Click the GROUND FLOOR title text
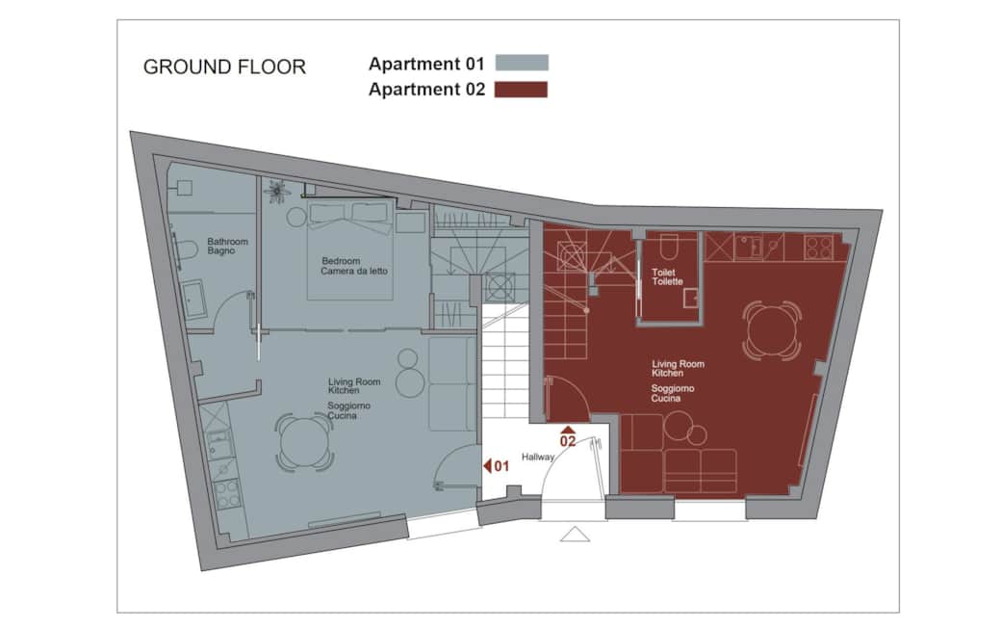[224, 67]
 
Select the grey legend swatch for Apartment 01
[522, 64]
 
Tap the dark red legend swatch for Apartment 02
[522, 90]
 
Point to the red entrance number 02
[568, 441]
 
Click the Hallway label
[538, 457]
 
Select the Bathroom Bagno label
[227, 247]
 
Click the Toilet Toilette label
[667, 276]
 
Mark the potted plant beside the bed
[277, 191]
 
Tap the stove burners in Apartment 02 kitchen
[818, 247]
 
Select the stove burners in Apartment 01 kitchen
[227, 494]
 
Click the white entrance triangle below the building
[575, 534]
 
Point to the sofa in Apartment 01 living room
[451, 383]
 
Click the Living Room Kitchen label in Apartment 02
[678, 368]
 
